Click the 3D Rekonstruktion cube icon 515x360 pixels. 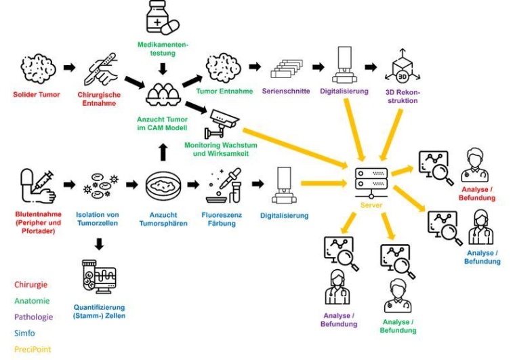403,67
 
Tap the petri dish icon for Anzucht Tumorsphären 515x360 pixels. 163,184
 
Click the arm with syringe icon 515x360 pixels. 36,184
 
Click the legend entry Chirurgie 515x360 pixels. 31,285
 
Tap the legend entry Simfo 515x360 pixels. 26,334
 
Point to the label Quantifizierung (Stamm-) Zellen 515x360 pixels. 99,311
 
